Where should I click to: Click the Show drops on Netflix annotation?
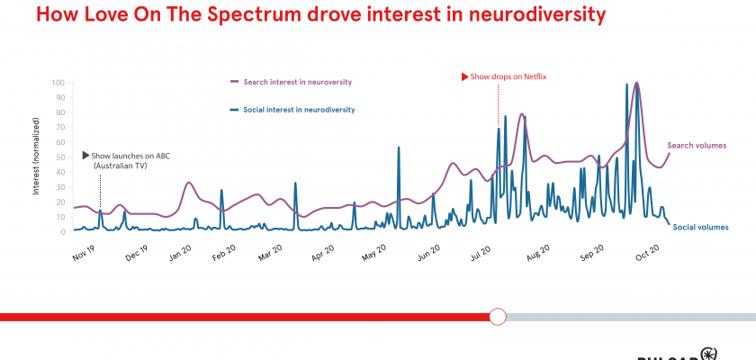click(508, 76)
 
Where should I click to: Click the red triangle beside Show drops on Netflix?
click(464, 76)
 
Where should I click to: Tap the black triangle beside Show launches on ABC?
click(85, 156)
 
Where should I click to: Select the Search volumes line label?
click(697, 145)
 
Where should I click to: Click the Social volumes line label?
click(700, 227)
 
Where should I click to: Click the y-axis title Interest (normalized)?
click(36, 157)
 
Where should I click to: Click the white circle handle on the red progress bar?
click(498, 316)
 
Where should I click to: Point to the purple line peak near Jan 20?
click(188, 183)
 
